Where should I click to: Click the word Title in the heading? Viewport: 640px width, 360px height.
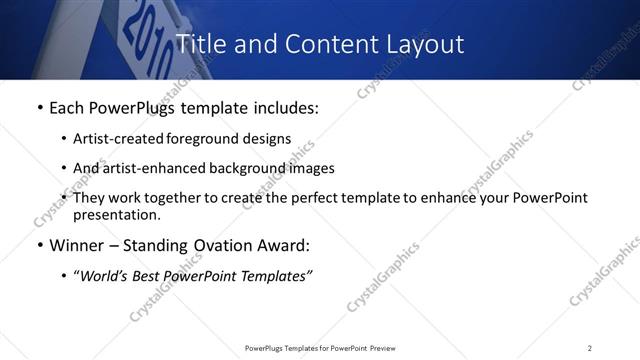199,44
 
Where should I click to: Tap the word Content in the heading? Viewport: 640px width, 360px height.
323,44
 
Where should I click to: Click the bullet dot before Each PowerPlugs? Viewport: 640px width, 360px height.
38,108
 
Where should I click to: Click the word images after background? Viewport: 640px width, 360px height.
311,168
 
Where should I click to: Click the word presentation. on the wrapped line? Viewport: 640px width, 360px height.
116,214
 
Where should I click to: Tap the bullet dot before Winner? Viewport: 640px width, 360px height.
38,245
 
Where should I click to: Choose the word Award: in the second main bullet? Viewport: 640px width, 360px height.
280,245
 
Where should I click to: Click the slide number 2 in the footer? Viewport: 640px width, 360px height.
589,348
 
